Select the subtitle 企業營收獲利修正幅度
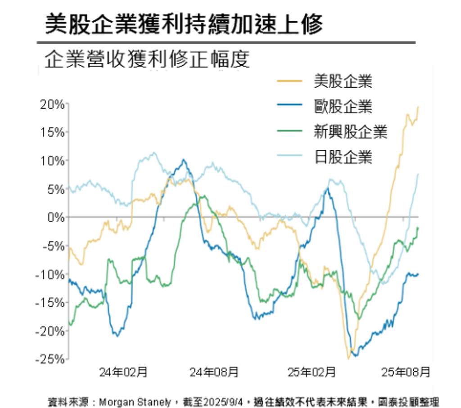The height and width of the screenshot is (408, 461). coord(147,59)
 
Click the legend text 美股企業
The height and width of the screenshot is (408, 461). coord(343,82)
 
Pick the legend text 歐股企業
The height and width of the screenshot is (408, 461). coord(343,107)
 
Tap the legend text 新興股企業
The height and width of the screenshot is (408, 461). coord(350,132)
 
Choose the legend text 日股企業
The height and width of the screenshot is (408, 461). coord(343,157)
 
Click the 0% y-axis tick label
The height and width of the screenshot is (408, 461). coord(56,217)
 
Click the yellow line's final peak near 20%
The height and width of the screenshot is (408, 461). coord(418,107)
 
